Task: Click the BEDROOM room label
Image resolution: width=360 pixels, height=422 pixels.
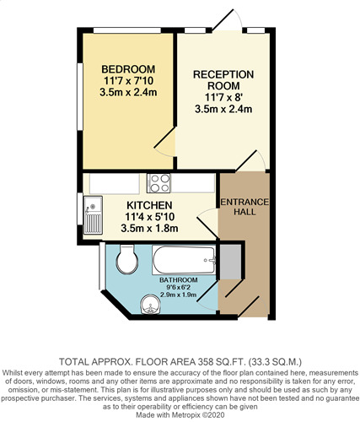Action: pyautogui.click(x=128, y=69)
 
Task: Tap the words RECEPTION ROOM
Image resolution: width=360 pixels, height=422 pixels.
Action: pyautogui.click(x=223, y=80)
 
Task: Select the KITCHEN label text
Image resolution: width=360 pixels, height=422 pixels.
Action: pyautogui.click(x=149, y=205)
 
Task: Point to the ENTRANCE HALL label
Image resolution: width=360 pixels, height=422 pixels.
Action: pyautogui.click(x=244, y=207)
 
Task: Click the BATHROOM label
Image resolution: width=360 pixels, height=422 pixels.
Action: pyautogui.click(x=179, y=280)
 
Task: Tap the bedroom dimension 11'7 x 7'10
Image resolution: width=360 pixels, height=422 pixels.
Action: pyautogui.click(x=128, y=81)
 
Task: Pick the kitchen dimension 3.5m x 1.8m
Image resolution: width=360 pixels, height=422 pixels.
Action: pyautogui.click(x=149, y=228)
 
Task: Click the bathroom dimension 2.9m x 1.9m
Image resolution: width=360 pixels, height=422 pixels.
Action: pyautogui.click(x=178, y=295)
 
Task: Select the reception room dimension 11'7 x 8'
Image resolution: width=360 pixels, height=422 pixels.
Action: pyautogui.click(x=223, y=97)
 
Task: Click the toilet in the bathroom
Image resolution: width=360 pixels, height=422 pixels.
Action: pyautogui.click(x=127, y=260)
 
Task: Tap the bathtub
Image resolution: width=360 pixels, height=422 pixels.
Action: pyautogui.click(x=185, y=260)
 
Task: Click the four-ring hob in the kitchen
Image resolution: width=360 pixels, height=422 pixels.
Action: pyautogui.click(x=159, y=183)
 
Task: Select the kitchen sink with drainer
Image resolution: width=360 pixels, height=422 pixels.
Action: pyautogui.click(x=93, y=215)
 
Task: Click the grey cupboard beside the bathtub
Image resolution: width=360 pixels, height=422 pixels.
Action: pyautogui.click(x=230, y=262)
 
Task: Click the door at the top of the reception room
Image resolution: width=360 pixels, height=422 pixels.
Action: pyautogui.click(x=227, y=19)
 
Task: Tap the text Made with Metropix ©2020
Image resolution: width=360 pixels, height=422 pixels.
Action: pyautogui.click(x=180, y=415)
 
